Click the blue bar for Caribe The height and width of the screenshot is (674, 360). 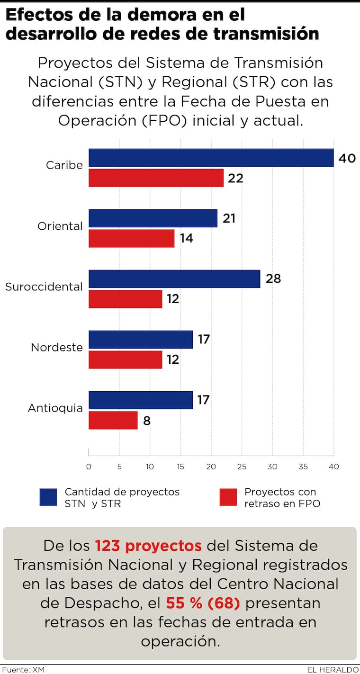pyautogui.click(x=211, y=158)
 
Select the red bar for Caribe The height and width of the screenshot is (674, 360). pyautogui.click(x=156, y=178)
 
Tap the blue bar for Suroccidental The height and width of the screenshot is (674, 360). pyautogui.click(x=174, y=279)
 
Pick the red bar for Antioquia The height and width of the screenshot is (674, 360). pyautogui.click(x=113, y=420)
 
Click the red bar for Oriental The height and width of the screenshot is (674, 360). pyautogui.click(x=132, y=238)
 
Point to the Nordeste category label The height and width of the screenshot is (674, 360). pyautogui.click(x=57, y=347)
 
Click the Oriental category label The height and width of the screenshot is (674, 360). pyautogui.click(x=60, y=226)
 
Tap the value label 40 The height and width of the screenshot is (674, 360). pyautogui.click(x=347, y=158)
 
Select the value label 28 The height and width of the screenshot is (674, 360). pyautogui.click(x=273, y=279)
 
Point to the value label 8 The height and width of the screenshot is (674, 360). pyautogui.click(x=147, y=420)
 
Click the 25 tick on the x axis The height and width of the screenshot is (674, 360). pyautogui.click(x=242, y=467)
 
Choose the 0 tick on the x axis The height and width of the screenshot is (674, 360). pyautogui.click(x=89, y=467)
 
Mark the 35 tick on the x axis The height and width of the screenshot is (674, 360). pyautogui.click(x=303, y=467)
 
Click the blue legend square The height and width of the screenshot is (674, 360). pyautogui.click(x=48, y=497)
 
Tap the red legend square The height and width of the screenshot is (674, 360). pyautogui.click(x=228, y=497)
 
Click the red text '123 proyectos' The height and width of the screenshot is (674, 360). pyautogui.click(x=148, y=546)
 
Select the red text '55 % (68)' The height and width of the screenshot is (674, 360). pyautogui.click(x=203, y=603)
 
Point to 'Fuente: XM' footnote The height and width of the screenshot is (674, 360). pyautogui.click(x=22, y=670)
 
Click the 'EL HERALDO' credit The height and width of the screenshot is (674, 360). pyautogui.click(x=333, y=670)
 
